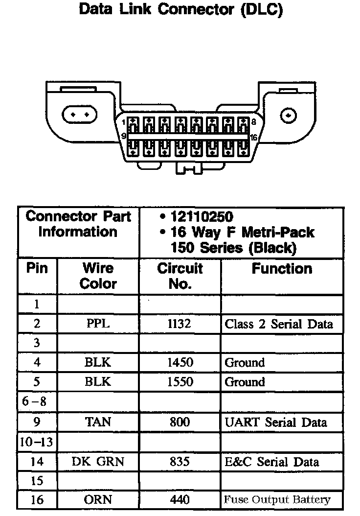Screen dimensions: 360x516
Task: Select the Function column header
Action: pos(282,269)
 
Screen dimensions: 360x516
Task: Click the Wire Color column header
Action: pos(98,276)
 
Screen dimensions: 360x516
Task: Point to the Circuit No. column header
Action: pos(180,276)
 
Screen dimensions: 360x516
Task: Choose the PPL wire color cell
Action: pos(98,324)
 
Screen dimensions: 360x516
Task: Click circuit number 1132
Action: pos(180,324)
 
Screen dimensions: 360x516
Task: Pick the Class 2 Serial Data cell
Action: pos(279,324)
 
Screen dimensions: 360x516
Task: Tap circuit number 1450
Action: pos(180,363)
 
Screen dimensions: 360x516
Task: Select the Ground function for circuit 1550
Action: pos(245,382)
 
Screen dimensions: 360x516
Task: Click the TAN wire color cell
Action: pos(98,422)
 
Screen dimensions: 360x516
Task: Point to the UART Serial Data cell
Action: pos(276,422)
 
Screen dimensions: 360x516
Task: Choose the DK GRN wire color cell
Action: pos(98,461)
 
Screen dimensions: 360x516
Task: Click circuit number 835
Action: pos(180,461)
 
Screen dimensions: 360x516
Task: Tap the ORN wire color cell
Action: pos(98,500)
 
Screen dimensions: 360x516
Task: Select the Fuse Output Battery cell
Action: pos(277,500)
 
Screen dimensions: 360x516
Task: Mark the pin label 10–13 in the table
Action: pos(37,442)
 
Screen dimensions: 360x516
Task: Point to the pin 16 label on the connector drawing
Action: pos(253,138)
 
